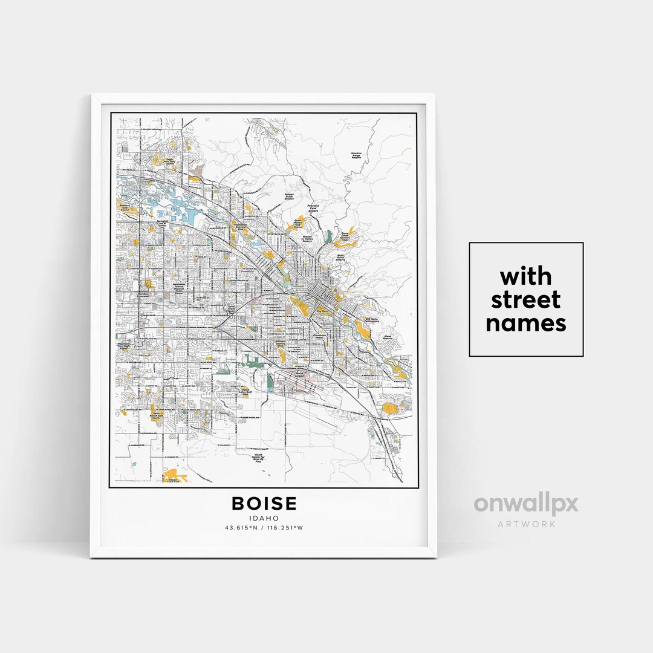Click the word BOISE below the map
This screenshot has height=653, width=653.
[264, 504]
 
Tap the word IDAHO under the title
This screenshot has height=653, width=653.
[264, 518]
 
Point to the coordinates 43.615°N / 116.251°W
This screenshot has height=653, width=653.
[264, 528]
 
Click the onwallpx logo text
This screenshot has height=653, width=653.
[525, 505]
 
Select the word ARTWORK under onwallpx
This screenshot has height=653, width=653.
[526, 524]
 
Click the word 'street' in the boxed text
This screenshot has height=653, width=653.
[525, 300]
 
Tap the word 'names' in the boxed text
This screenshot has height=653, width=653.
[525, 323]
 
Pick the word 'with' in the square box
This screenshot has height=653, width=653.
[525, 276]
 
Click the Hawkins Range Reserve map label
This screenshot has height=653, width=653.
[357, 155]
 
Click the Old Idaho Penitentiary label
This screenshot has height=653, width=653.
[371, 320]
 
